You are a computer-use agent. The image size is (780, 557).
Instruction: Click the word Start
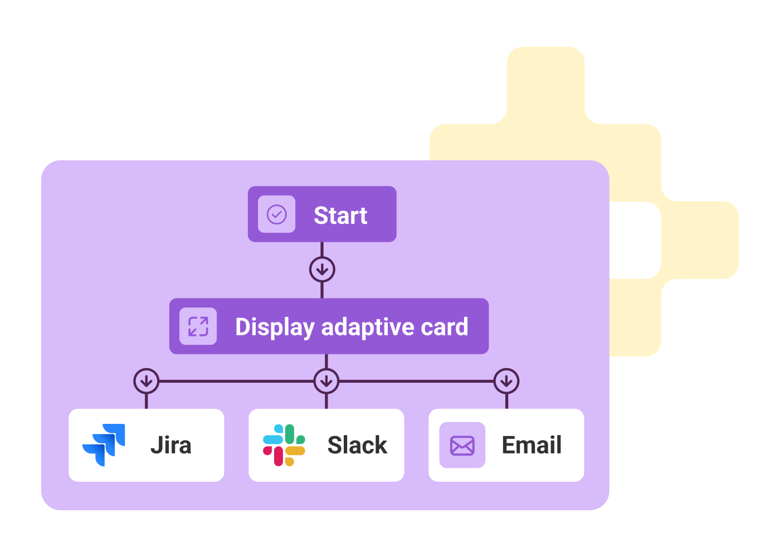[x=340, y=216]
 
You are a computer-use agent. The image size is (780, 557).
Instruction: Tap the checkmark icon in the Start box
[x=276, y=214]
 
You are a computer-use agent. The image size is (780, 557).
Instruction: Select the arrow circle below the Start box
[x=322, y=270]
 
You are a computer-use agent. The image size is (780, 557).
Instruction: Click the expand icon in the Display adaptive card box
[x=198, y=326]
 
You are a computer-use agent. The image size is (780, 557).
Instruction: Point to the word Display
[x=275, y=327]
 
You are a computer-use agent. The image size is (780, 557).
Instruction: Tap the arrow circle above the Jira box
[x=146, y=381]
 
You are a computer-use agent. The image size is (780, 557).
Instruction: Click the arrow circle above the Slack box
[x=326, y=381]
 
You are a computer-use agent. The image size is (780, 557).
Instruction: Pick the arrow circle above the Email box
[x=506, y=381]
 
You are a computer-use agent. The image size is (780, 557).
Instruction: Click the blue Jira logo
[x=104, y=445]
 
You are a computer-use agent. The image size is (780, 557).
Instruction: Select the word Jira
[x=170, y=445]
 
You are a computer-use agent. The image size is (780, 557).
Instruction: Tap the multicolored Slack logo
[x=284, y=445]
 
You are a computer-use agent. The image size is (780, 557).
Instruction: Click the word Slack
[x=357, y=445]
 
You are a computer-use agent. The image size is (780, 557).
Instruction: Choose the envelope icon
[x=462, y=445]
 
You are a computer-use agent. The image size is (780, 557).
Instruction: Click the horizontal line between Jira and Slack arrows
[x=236, y=381]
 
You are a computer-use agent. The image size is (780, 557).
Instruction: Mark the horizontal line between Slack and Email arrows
[x=416, y=381]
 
